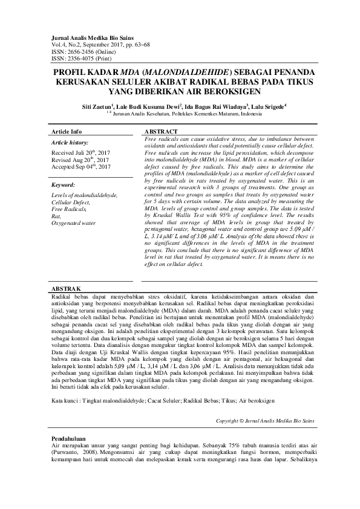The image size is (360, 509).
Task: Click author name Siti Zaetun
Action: (x=96, y=106)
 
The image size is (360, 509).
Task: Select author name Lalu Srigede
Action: (x=266, y=106)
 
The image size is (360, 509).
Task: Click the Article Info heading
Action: (x=67, y=131)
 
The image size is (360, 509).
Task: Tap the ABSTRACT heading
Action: (x=162, y=131)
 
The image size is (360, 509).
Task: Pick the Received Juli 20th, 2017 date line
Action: (x=81, y=154)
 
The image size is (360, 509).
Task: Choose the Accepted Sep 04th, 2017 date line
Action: (x=81, y=166)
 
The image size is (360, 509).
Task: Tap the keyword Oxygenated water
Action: (x=74, y=222)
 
